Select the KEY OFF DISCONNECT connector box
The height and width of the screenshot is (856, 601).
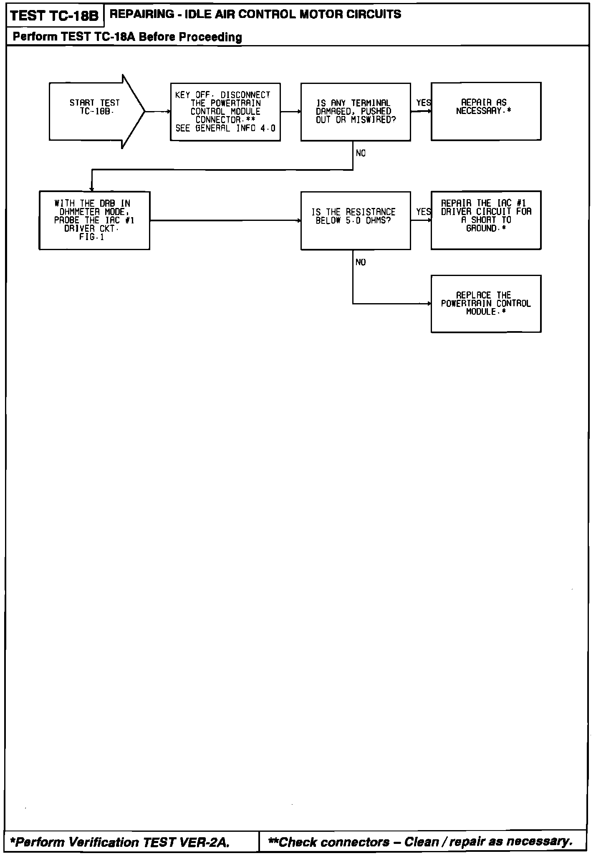tap(225, 112)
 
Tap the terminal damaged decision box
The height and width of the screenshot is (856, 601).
tap(356, 112)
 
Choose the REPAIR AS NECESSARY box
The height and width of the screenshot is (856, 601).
tap(486, 111)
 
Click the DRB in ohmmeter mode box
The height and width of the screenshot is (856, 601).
tap(94, 220)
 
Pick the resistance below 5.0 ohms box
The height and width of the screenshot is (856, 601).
tap(356, 220)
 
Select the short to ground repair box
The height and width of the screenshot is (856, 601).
tap(486, 220)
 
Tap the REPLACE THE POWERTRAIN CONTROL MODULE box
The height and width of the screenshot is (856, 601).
tap(486, 304)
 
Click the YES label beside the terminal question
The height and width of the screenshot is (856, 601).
tap(423, 103)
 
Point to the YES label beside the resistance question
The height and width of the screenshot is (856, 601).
tap(423, 212)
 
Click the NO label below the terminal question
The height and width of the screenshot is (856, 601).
tap(361, 154)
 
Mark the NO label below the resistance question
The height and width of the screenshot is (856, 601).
tap(361, 262)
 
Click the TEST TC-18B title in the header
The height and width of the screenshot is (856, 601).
tap(54, 16)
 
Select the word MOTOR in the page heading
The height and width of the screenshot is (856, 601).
tap(323, 14)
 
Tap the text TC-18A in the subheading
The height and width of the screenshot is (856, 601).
tap(115, 37)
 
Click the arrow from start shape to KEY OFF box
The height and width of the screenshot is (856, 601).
tap(158, 111)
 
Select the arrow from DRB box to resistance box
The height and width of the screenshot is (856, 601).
tap(225, 220)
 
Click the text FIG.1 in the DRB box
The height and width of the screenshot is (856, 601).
tap(92, 237)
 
